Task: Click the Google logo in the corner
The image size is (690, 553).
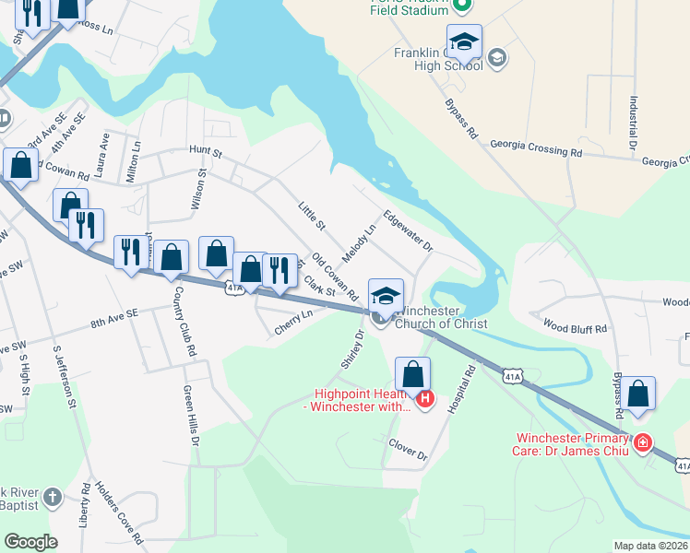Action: (30, 542)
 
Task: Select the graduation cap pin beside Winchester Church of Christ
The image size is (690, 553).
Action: (386, 295)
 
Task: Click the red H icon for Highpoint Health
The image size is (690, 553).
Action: (425, 398)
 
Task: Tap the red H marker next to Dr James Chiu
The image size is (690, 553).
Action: (642, 443)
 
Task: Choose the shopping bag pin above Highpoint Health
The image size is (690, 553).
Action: (413, 374)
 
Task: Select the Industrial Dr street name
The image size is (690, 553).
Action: (634, 124)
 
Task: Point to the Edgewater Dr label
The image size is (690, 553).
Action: (408, 232)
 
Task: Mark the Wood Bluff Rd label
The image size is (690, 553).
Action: (575, 327)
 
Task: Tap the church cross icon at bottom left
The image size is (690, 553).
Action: (53, 497)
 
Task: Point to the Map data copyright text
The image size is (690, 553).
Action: (651, 546)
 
